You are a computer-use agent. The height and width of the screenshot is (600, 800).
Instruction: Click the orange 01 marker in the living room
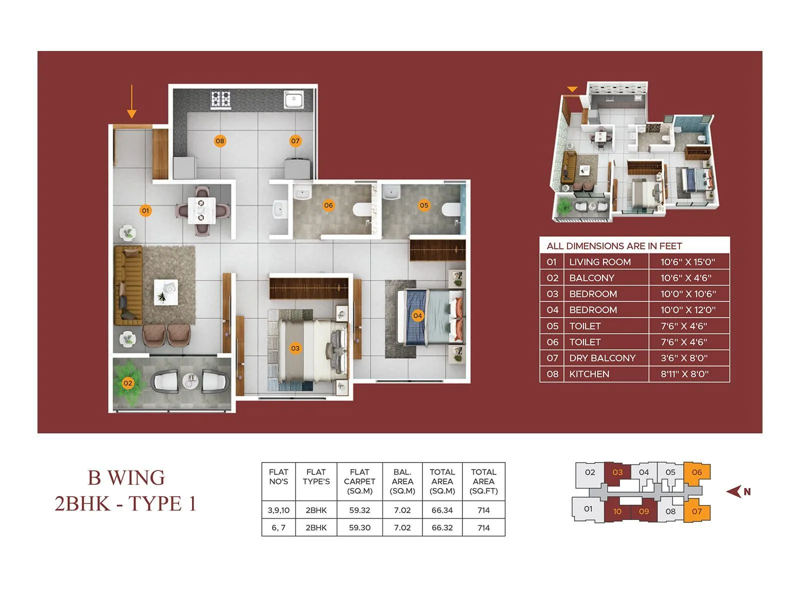145,210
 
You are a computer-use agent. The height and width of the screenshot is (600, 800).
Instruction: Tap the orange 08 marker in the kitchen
220,141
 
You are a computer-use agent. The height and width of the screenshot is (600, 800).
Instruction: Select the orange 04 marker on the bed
417,315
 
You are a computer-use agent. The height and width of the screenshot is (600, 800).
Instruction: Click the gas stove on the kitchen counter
220,98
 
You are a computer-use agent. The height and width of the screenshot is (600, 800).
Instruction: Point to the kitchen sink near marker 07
294,99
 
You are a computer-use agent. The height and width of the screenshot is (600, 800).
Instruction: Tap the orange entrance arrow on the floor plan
131,101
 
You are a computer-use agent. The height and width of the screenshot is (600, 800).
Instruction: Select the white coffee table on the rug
166,292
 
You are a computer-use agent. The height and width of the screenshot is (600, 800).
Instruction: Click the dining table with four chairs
201,210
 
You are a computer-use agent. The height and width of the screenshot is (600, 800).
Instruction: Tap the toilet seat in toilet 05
451,209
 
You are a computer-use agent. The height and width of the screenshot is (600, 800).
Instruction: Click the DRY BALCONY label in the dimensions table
602,358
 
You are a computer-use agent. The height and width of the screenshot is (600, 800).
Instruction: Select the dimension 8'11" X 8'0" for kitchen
684,374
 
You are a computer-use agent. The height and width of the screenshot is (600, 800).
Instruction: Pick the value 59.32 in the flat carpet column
359,510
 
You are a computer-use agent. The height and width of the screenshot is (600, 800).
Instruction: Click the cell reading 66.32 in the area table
442,528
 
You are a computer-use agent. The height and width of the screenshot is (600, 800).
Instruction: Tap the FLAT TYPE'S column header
316,476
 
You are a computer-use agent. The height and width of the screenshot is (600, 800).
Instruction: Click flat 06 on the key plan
696,472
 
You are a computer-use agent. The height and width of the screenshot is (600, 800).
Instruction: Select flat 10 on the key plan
617,511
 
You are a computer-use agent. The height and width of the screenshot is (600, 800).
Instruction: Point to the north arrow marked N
738,491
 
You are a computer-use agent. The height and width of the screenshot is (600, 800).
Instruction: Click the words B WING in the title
126,477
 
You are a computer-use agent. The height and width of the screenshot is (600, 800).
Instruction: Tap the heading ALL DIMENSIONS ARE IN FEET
614,246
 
